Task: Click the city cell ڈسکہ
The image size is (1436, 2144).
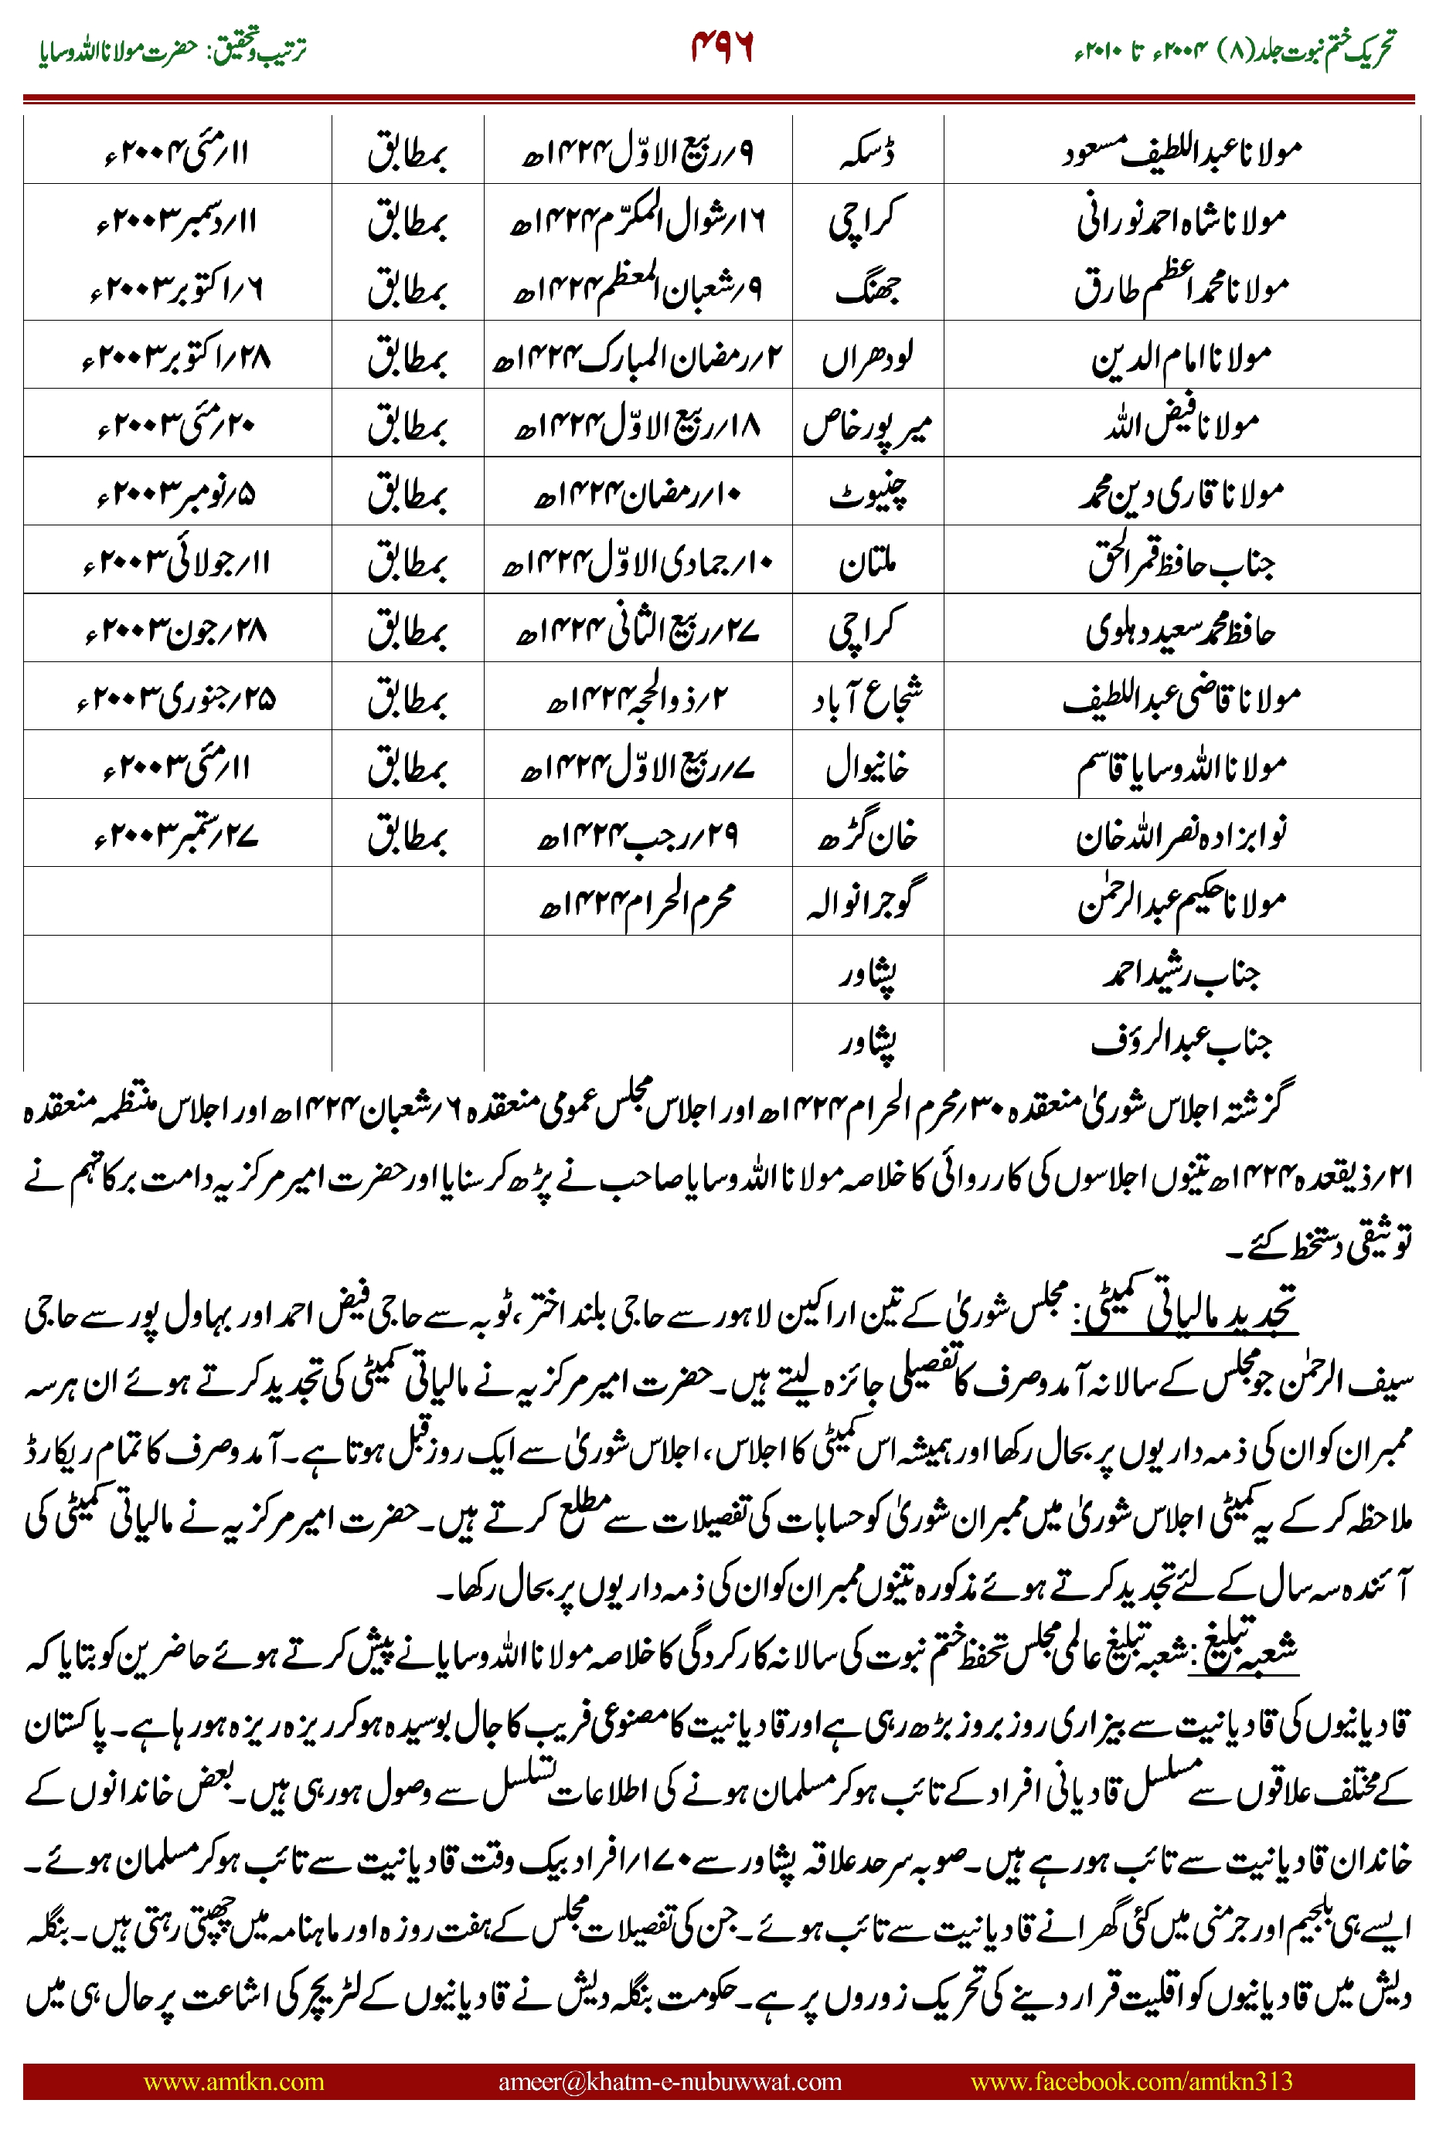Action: pos(866,152)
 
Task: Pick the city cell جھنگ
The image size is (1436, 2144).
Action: pos(866,288)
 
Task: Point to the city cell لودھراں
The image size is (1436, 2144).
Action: pos(866,357)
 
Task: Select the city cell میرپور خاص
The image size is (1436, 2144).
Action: pos(866,426)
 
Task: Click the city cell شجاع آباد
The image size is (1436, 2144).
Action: pos(866,698)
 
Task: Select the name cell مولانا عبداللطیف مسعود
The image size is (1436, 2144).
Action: pos(1182,152)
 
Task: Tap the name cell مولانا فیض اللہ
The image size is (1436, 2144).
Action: pos(1182,426)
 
